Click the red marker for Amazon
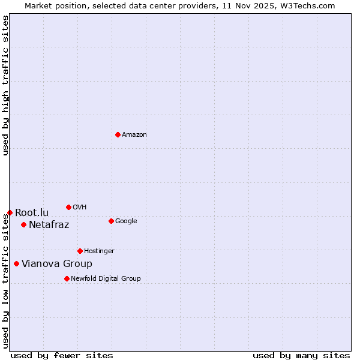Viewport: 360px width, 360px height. tap(118, 134)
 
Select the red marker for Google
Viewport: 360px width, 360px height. tap(111, 221)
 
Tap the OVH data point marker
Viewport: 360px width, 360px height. tap(68, 207)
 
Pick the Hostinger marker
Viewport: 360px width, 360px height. tap(80, 251)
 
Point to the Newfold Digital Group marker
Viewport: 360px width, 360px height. tap(67, 278)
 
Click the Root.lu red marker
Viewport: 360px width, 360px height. tap(10, 212)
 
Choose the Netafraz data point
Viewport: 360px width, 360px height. tap(23, 224)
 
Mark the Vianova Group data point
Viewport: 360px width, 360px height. tap(16, 263)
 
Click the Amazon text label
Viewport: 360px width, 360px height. tap(134, 135)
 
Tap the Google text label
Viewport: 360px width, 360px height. tap(126, 221)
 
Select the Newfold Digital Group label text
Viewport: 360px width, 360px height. tap(106, 279)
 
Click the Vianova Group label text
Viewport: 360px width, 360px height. tap(57, 264)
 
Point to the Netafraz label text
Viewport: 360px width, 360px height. tap(49, 225)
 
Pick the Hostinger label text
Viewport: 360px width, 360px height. tap(99, 251)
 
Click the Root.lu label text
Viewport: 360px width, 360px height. tap(32, 213)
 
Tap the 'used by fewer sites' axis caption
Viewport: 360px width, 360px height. tap(62, 356)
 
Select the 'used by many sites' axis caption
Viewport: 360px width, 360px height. tap(301, 356)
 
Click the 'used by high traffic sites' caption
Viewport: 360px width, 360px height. tap(5, 85)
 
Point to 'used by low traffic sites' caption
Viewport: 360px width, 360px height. tap(5, 281)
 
